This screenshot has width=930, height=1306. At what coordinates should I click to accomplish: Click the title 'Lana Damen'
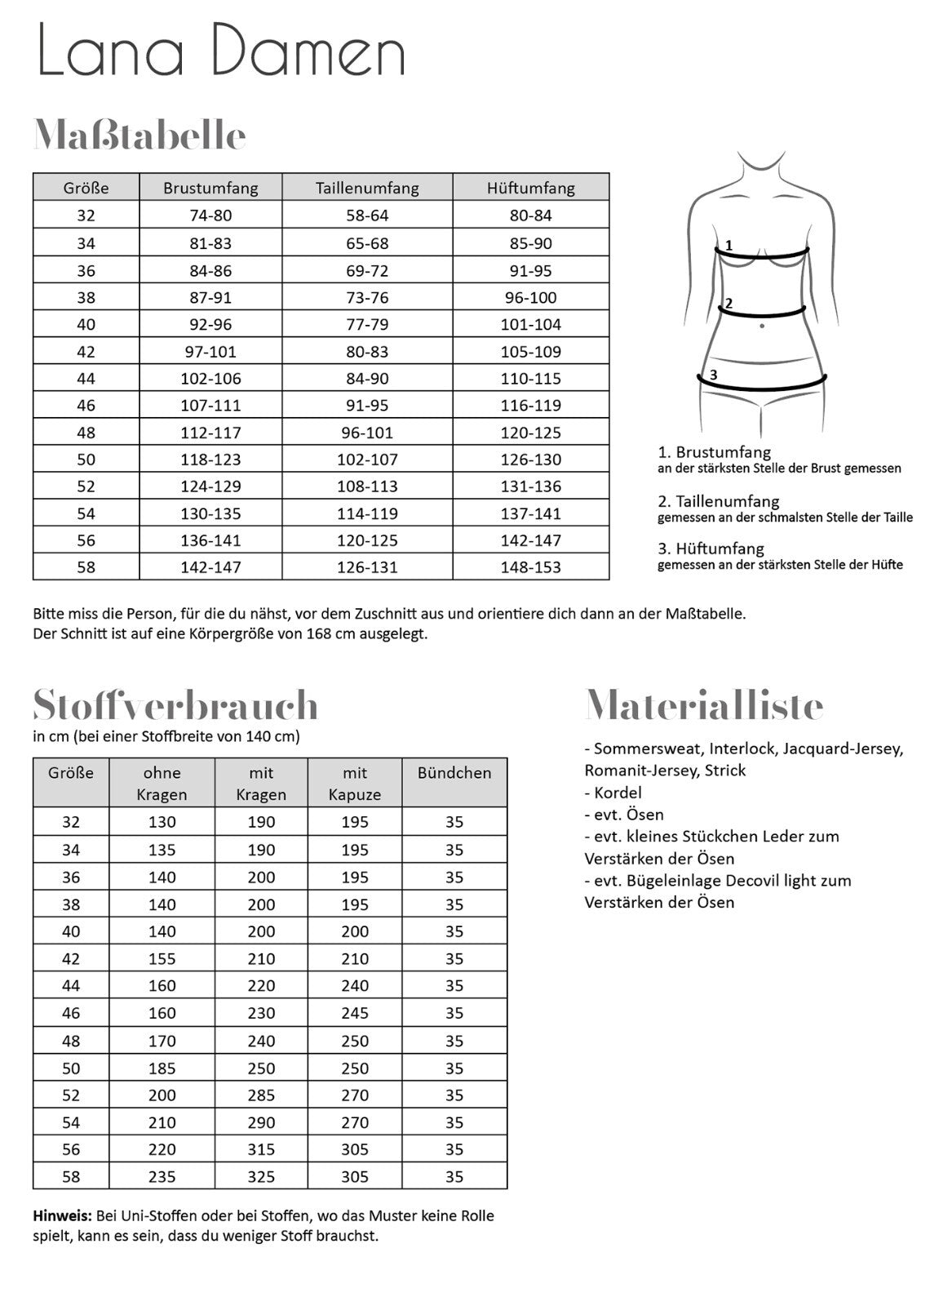[x=221, y=50]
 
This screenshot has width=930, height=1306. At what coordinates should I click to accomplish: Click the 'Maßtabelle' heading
[x=139, y=135]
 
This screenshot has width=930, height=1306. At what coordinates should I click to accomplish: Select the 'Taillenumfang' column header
[x=367, y=188]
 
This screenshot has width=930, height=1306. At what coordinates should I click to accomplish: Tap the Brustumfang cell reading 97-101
[x=210, y=352]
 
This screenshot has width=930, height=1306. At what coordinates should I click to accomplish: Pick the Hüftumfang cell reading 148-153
[x=530, y=567]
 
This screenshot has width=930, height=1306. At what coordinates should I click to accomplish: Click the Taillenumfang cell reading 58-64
[x=367, y=215]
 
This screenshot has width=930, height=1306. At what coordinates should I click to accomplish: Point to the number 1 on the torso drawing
[x=729, y=245]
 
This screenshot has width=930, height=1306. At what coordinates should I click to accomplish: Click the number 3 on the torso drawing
[x=713, y=375]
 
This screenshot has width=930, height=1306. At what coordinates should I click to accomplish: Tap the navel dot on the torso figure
[x=762, y=326]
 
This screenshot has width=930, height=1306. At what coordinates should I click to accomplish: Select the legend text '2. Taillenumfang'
[x=719, y=501]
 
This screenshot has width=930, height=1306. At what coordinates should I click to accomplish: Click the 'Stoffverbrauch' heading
[x=175, y=705]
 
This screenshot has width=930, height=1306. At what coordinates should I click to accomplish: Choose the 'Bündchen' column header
[x=454, y=773]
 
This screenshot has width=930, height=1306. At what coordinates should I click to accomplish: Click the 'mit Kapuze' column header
[x=355, y=784]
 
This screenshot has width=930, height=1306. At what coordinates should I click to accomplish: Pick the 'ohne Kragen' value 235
[x=162, y=1177]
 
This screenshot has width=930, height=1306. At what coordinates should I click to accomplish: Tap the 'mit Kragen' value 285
[x=261, y=1095]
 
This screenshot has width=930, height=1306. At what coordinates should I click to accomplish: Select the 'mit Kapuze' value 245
[x=355, y=1013]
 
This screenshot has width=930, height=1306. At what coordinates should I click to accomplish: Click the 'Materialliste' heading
[x=704, y=705]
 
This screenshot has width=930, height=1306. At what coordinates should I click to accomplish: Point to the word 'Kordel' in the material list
[x=618, y=793]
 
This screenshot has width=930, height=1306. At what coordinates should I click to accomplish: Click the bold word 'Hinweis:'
[x=63, y=1215]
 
